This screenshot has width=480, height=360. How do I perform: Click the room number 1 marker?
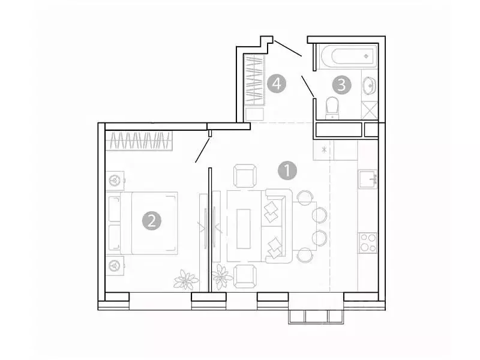(x=288, y=170)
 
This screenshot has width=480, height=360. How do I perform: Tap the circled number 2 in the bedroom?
(x=152, y=221)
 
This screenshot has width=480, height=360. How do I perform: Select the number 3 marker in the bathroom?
(x=341, y=85)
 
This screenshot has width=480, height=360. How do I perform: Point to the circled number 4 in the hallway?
(x=276, y=84)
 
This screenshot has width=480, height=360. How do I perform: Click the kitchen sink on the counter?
(x=368, y=179)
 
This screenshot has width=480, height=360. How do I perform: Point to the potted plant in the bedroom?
(x=185, y=280)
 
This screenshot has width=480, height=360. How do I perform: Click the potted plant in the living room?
(x=223, y=277)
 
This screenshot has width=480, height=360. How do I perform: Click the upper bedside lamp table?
(x=115, y=179)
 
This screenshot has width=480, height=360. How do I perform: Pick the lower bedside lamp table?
(x=115, y=264)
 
